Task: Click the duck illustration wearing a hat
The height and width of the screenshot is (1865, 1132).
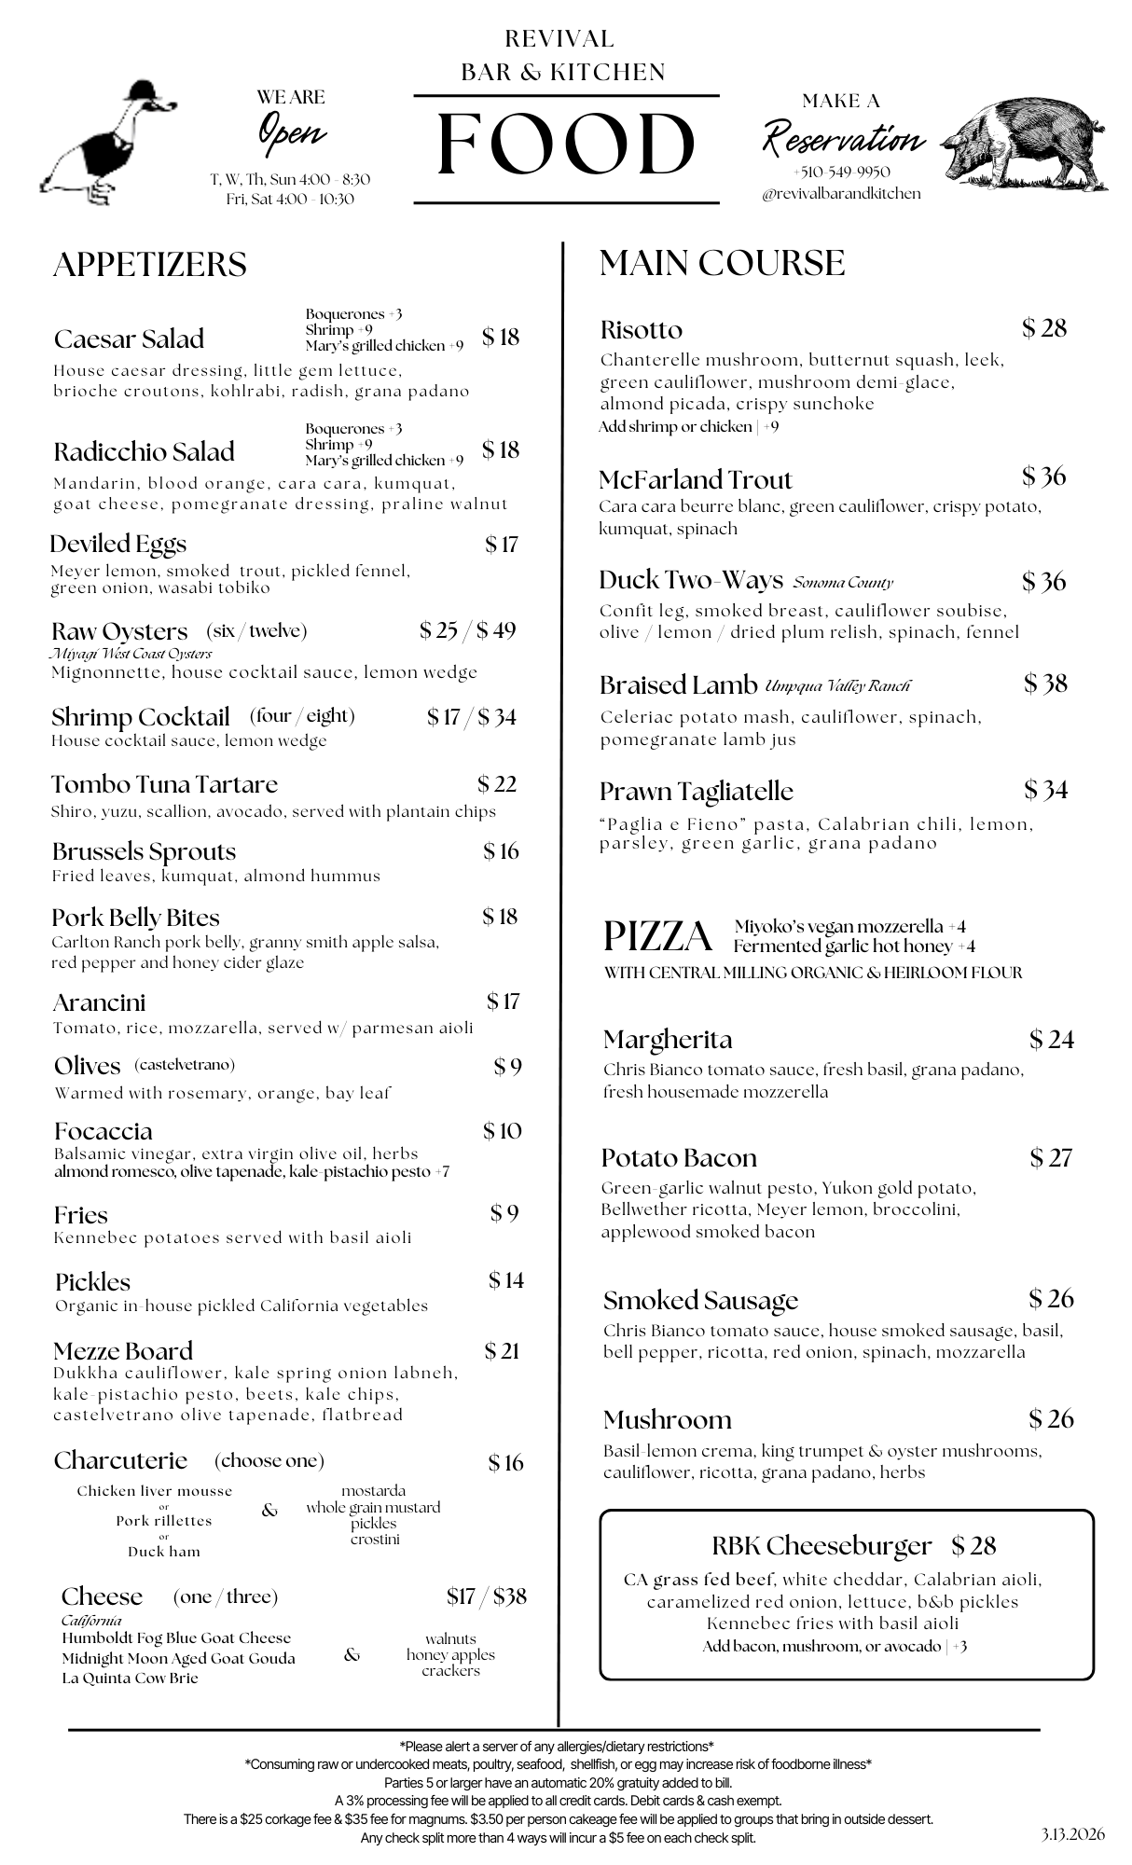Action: pyautogui.click(x=107, y=145)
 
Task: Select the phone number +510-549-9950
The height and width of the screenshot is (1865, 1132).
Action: pyautogui.click(x=841, y=173)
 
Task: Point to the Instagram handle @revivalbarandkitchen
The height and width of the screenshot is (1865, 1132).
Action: pyautogui.click(x=841, y=194)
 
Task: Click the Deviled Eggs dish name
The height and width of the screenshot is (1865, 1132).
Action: pyautogui.click(x=118, y=544)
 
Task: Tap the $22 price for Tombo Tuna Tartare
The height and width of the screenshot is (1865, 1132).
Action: pyautogui.click(x=497, y=784)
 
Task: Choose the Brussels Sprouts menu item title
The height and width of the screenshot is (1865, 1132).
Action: pyautogui.click(x=144, y=851)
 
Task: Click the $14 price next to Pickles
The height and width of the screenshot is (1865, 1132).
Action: pyautogui.click(x=506, y=1280)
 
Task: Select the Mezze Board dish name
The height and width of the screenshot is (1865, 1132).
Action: pyautogui.click(x=123, y=1351)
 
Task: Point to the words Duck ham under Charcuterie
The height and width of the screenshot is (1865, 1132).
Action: pyautogui.click(x=164, y=1552)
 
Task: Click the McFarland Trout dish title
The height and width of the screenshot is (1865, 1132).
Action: pyautogui.click(x=695, y=480)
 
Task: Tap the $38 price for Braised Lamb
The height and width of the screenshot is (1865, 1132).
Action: pyautogui.click(x=1045, y=684)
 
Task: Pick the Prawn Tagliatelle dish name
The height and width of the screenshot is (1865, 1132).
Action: pyautogui.click(x=696, y=792)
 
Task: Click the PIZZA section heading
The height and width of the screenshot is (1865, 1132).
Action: pyautogui.click(x=658, y=936)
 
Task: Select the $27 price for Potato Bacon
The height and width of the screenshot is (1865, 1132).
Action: pyautogui.click(x=1051, y=1158)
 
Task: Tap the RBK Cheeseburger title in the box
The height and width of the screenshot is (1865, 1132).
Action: pyautogui.click(x=821, y=1546)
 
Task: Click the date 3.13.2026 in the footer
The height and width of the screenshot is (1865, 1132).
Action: pyautogui.click(x=1073, y=1835)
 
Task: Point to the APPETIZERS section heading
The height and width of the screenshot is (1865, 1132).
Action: pyautogui.click(x=150, y=265)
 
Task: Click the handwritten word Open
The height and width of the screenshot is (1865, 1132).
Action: pyautogui.click(x=292, y=131)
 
